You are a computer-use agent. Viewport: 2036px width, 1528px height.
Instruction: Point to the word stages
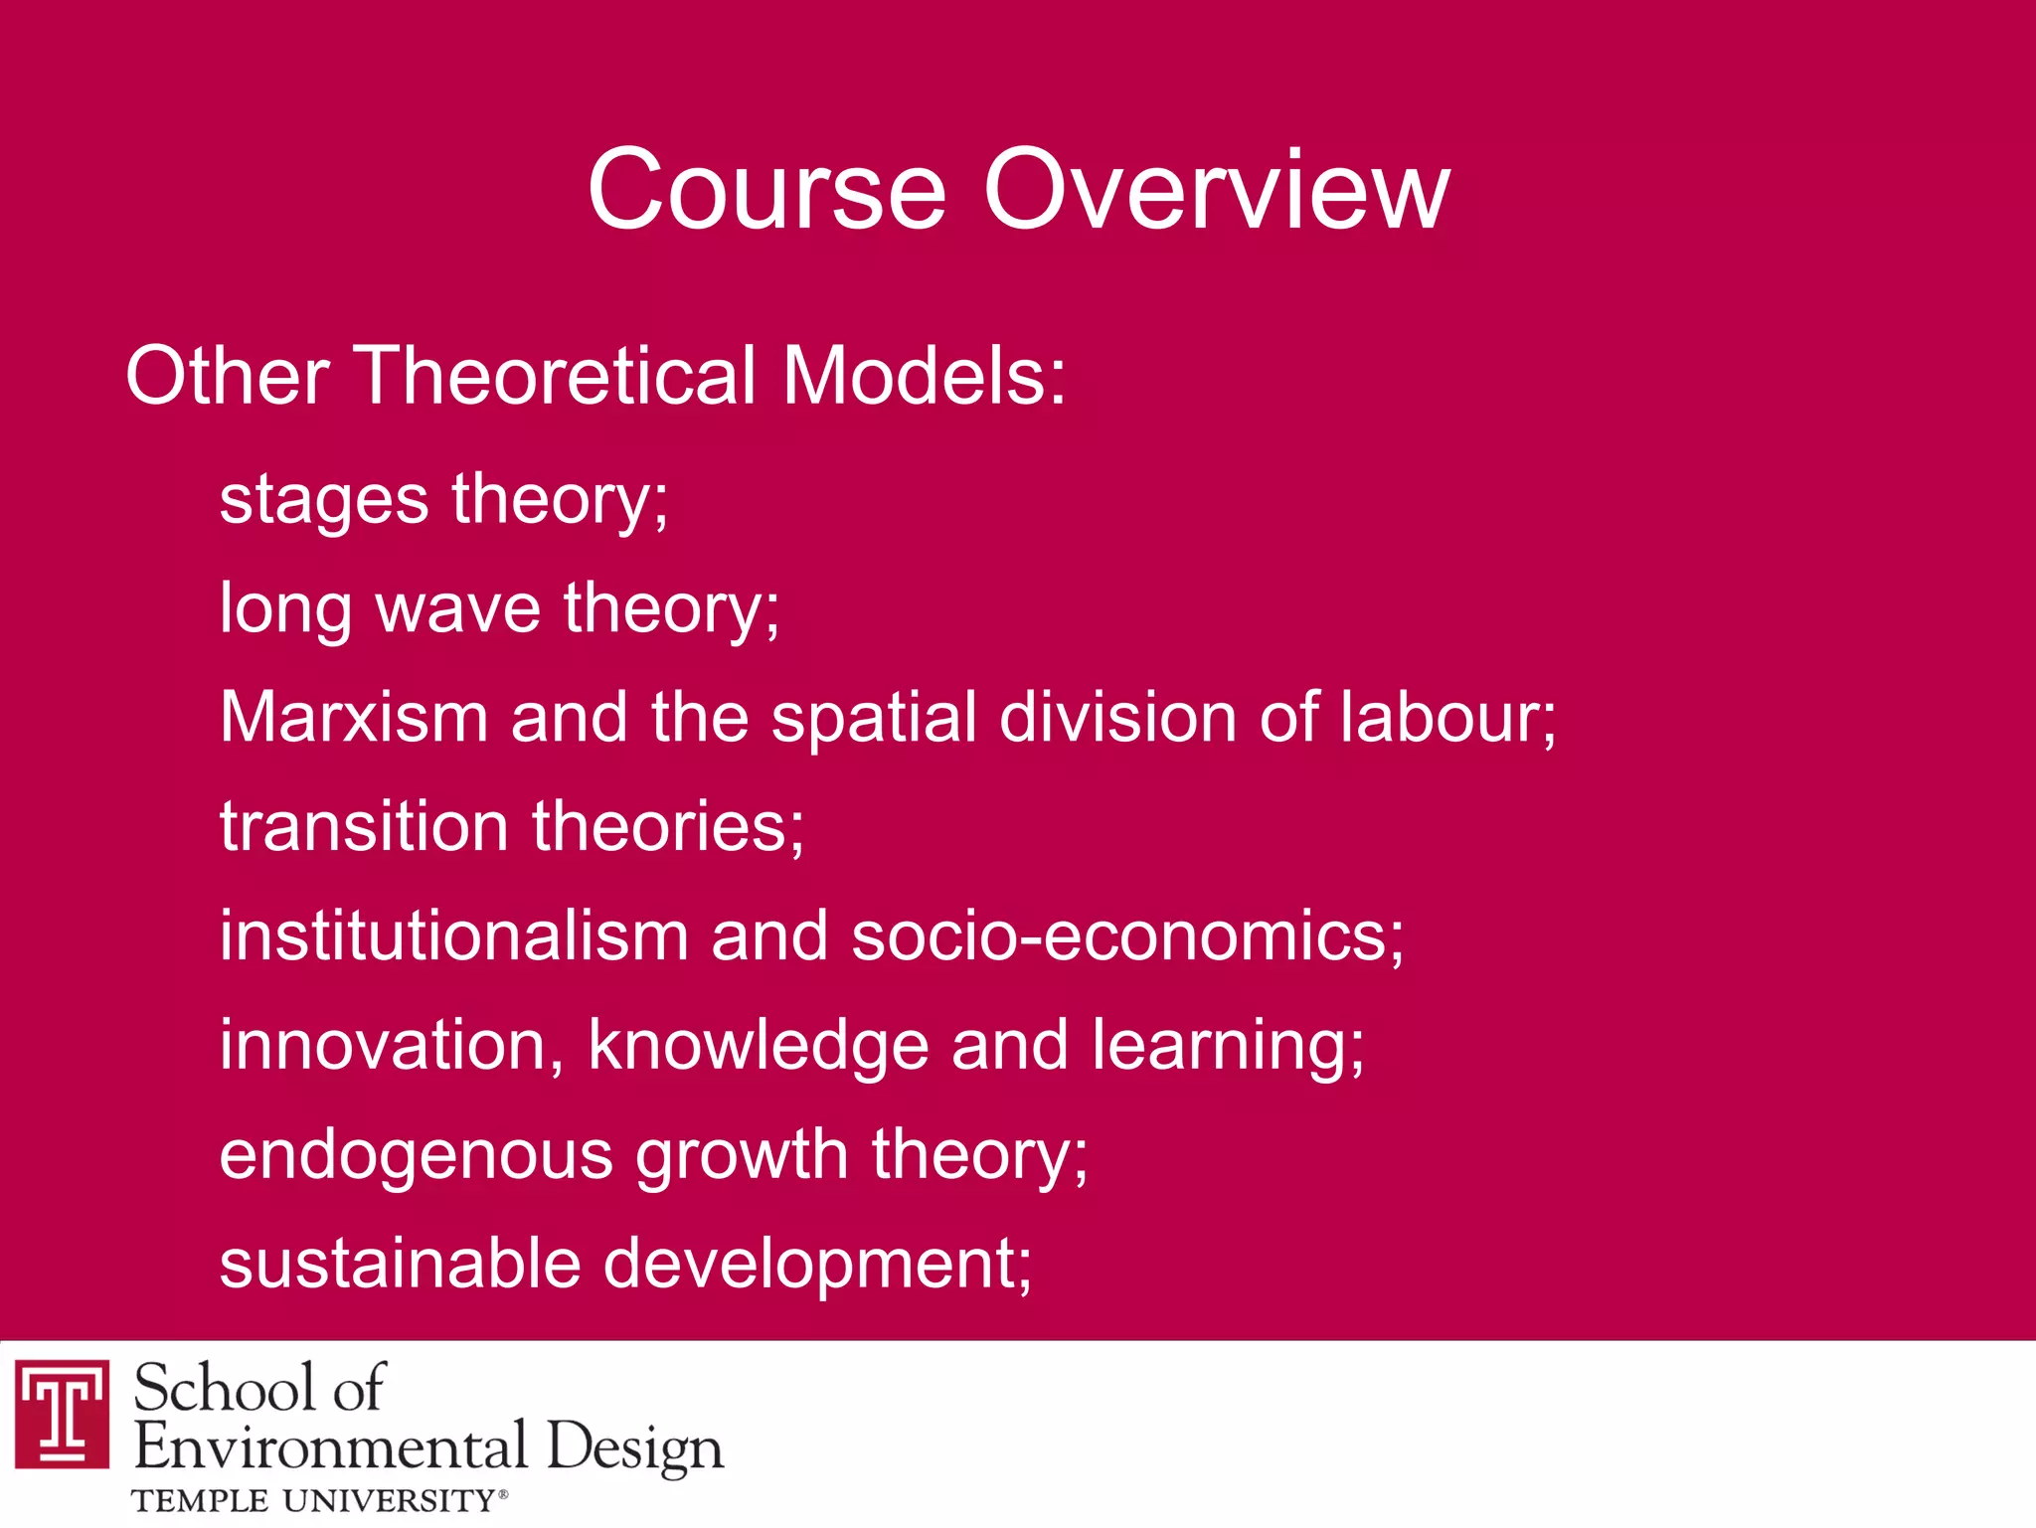pyautogui.click(x=324, y=500)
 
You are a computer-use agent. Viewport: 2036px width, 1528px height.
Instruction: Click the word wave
pyautogui.click(x=457, y=607)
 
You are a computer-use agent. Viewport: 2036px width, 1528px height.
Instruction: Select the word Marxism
pyautogui.click(x=354, y=717)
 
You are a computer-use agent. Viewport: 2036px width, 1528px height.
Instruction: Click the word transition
pyautogui.click(x=364, y=826)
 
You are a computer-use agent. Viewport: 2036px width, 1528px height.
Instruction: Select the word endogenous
pyautogui.click(x=416, y=1156)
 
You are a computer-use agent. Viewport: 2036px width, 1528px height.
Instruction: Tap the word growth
pyautogui.click(x=742, y=1156)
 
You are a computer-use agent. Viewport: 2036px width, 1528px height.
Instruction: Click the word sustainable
pyautogui.click(x=400, y=1264)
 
